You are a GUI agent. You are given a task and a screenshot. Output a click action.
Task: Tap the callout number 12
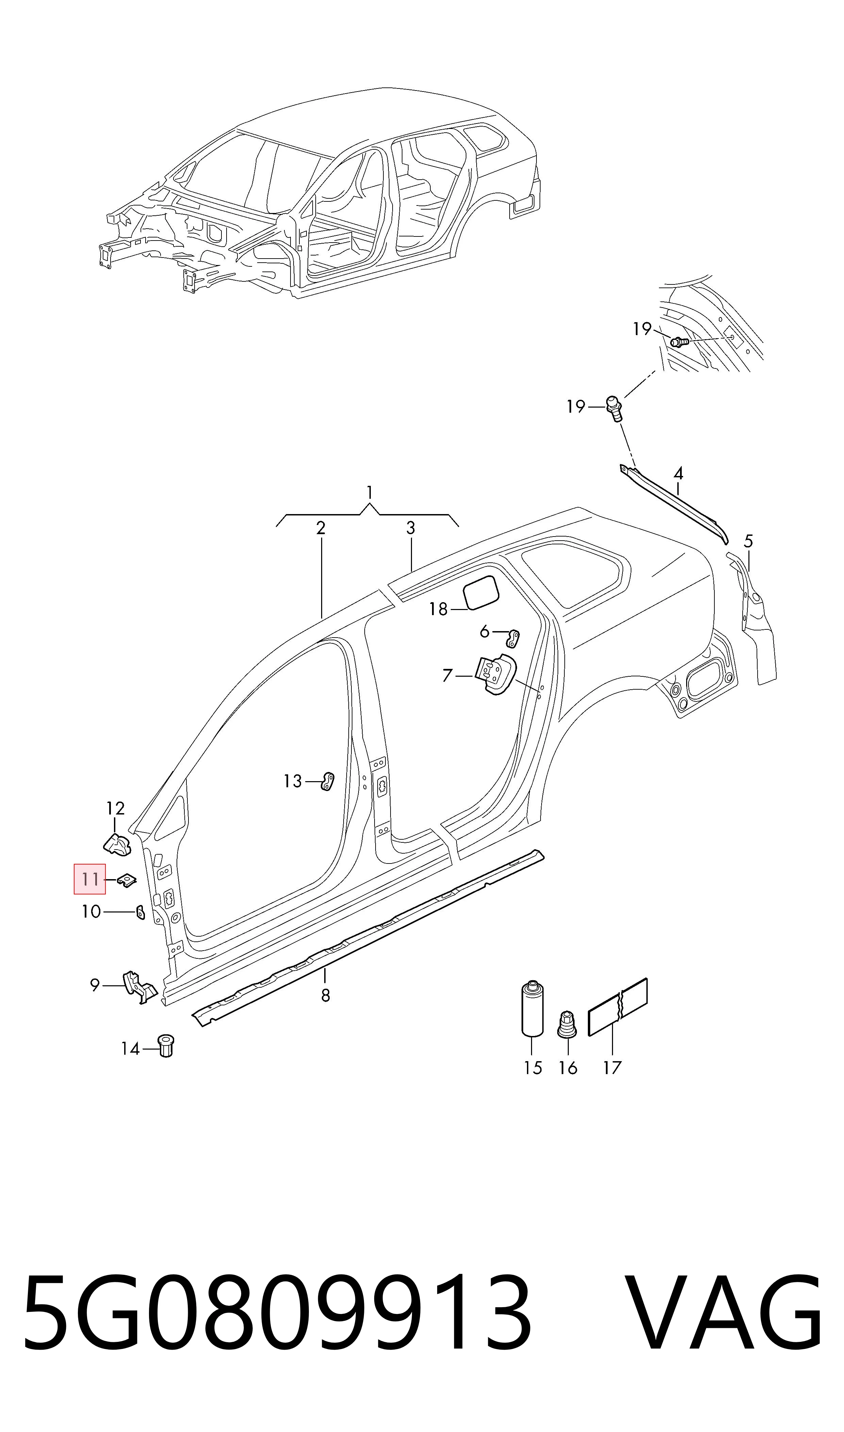115,808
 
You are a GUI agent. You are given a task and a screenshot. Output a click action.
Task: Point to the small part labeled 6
514,639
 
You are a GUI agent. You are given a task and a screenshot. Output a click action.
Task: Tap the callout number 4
678,474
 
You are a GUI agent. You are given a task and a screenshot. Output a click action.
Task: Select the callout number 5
748,541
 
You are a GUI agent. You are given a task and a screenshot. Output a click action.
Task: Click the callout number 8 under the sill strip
325,995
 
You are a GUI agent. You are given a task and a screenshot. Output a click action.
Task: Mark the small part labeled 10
140,912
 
